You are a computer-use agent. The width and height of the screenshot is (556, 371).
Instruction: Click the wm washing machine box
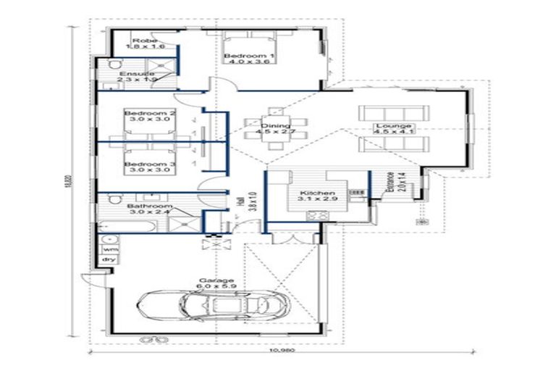(109, 249)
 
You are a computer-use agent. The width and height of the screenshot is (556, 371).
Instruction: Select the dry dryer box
(109, 259)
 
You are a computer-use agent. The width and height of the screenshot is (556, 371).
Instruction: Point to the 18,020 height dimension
(71, 181)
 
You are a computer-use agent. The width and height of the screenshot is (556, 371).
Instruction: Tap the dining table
(275, 130)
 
